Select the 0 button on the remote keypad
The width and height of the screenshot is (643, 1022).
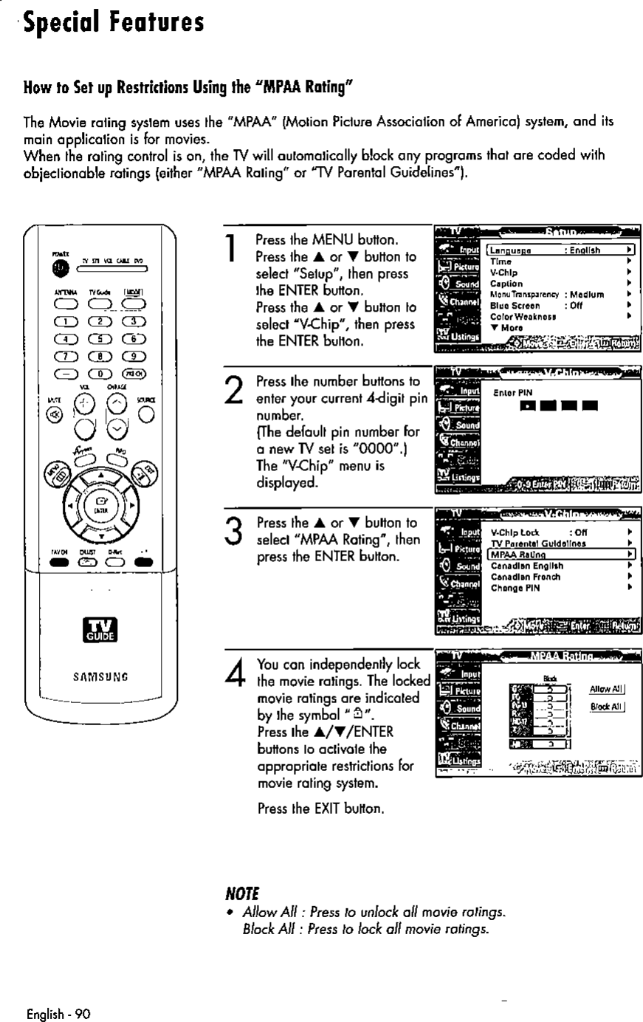pos(97,372)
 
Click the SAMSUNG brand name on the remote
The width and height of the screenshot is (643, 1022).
pos(98,675)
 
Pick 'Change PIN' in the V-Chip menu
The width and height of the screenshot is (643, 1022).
pos(515,588)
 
